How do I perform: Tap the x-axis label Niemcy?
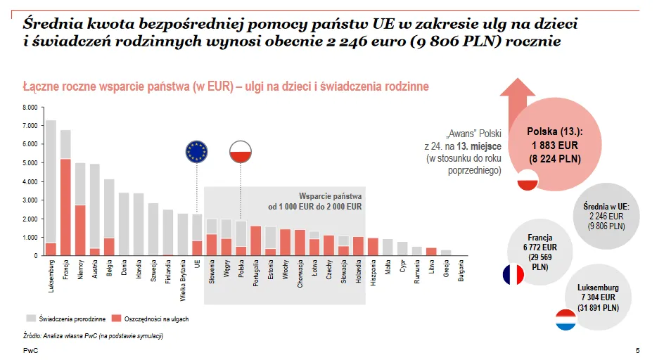[x=81, y=272]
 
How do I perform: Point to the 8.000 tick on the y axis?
[x=30, y=108]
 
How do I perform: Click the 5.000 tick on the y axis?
[x=30, y=163]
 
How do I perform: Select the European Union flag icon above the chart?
[x=197, y=152]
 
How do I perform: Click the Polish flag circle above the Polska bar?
[x=241, y=152]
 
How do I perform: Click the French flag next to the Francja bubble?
[x=513, y=275]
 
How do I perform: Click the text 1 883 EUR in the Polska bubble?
[x=555, y=145]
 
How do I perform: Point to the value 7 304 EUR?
[x=599, y=297]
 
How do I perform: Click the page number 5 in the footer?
[x=637, y=350]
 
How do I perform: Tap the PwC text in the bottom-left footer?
[x=30, y=350]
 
